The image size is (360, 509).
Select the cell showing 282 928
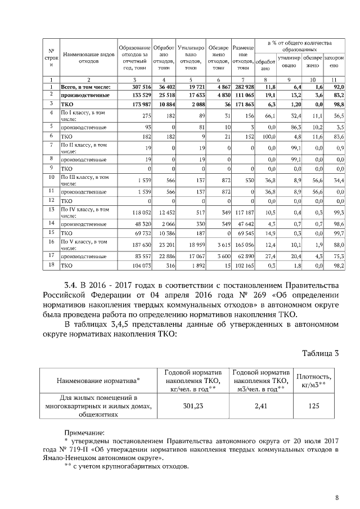244,87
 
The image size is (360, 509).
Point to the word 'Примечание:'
83,433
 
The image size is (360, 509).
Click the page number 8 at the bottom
336,497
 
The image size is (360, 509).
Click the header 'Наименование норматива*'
99,381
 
